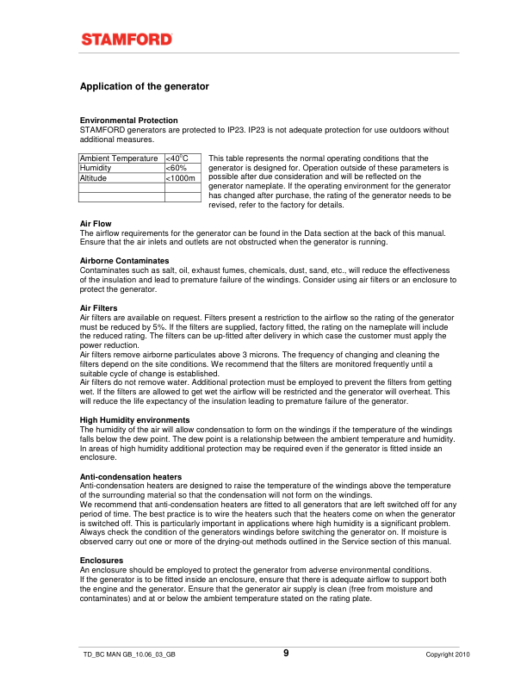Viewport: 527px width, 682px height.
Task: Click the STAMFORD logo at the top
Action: pos(127,39)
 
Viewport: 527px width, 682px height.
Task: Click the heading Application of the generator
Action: pos(144,87)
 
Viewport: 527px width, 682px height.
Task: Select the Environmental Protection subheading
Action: pos(128,120)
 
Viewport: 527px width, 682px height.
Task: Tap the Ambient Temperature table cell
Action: pos(121,158)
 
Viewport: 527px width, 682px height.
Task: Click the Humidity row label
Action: pos(96,168)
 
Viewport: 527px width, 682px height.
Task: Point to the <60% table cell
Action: pos(177,168)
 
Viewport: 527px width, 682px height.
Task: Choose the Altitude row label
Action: pos(93,177)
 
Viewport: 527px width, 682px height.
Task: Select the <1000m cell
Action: pos(182,177)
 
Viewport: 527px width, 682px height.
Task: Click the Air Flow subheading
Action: pos(96,224)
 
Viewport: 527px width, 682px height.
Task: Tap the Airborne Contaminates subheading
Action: pos(124,260)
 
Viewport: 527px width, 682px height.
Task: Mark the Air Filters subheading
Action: pos(98,307)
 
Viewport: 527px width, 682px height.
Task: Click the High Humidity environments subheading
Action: pos(140,419)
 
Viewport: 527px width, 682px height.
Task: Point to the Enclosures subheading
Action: pos(102,561)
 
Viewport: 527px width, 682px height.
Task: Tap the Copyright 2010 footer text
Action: pos(448,655)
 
